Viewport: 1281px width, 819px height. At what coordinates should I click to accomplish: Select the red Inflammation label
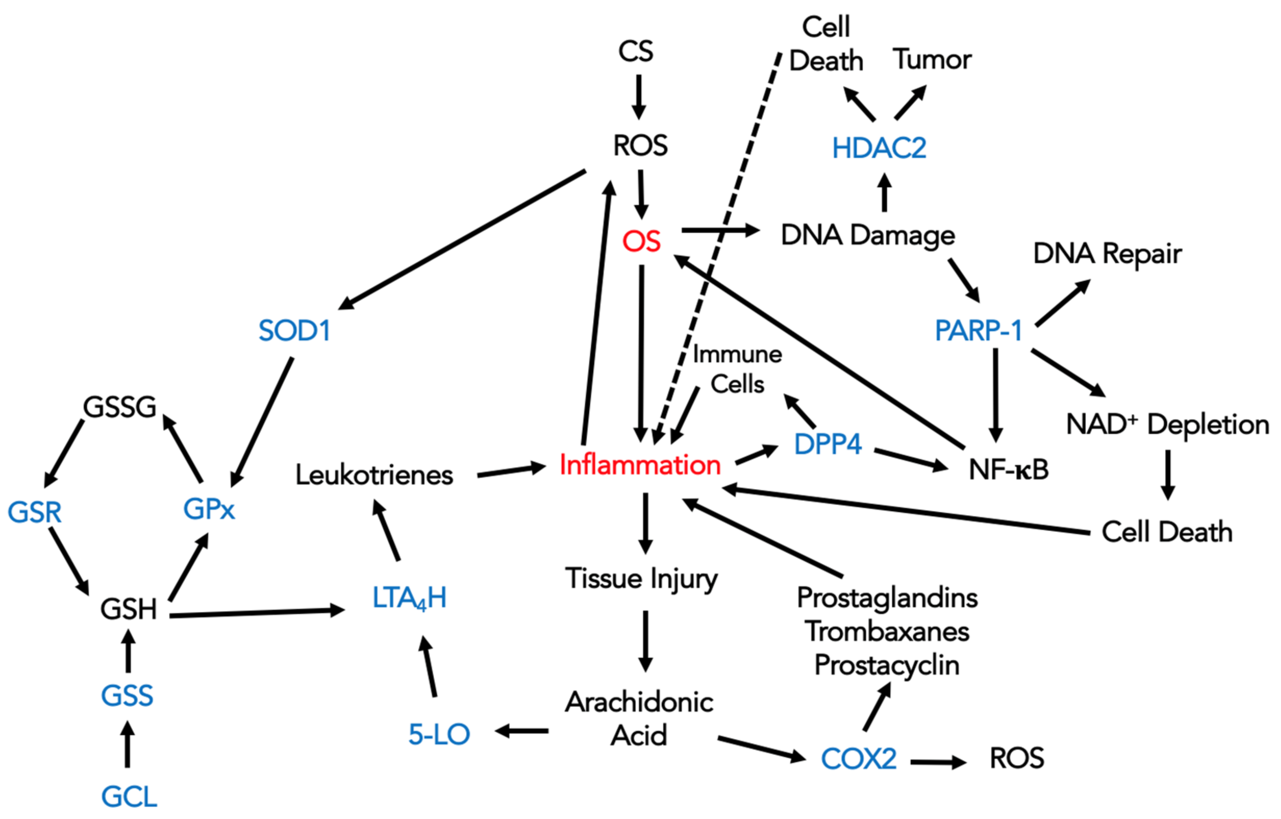[640, 464]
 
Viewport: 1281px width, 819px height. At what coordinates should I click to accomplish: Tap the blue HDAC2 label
[879, 148]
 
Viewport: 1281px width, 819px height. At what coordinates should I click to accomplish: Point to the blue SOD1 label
[294, 331]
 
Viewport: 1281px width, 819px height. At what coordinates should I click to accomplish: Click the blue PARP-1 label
[978, 331]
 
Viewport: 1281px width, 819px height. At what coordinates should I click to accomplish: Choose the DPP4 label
[827, 444]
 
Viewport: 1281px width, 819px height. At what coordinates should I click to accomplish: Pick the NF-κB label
[1008, 469]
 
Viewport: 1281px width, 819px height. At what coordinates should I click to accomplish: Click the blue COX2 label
[859, 758]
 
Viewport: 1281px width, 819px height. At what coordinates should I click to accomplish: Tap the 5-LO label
[439, 734]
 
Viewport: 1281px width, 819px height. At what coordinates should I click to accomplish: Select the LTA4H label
[409, 598]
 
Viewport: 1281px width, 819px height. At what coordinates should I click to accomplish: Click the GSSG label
[120, 407]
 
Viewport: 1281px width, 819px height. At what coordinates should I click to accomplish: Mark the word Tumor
[932, 59]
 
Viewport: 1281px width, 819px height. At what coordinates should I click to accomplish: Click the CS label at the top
[635, 51]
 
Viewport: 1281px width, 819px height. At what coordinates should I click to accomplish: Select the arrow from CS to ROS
[638, 97]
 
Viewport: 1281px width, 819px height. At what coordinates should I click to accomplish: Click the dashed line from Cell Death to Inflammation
[718, 245]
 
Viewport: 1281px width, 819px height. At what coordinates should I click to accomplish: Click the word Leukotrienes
[374, 475]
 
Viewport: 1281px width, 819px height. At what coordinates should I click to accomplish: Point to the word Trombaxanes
[887, 632]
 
